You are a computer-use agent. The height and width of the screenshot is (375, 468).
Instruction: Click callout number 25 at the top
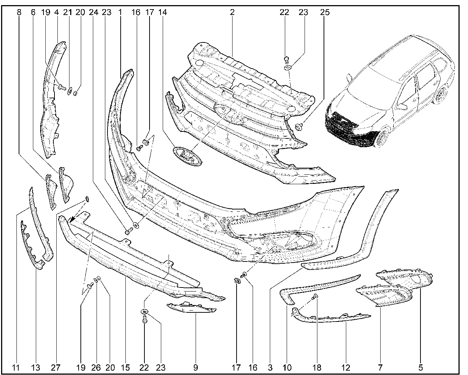click(x=325, y=12)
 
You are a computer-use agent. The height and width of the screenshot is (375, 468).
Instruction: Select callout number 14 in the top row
click(x=162, y=12)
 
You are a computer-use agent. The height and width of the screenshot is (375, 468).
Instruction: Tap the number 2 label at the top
click(x=232, y=12)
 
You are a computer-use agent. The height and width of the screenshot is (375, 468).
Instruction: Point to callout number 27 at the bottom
click(x=56, y=368)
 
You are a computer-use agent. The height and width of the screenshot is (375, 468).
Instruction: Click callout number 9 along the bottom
click(x=196, y=368)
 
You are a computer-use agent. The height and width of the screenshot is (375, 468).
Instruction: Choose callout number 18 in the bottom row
click(x=317, y=368)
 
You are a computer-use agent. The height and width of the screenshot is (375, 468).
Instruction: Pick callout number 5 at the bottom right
click(x=420, y=368)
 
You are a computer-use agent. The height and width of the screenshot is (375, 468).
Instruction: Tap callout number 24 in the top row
click(x=94, y=12)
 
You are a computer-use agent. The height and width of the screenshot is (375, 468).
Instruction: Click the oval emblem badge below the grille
click(x=187, y=156)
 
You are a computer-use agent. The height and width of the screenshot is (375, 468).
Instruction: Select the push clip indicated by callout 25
click(x=299, y=127)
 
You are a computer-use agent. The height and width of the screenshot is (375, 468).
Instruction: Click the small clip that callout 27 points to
click(x=87, y=199)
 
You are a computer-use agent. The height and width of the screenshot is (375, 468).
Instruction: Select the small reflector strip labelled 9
click(x=191, y=308)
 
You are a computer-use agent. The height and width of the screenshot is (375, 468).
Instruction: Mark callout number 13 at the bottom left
click(x=36, y=368)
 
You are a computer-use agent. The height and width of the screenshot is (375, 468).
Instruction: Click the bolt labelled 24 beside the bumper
click(x=129, y=231)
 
